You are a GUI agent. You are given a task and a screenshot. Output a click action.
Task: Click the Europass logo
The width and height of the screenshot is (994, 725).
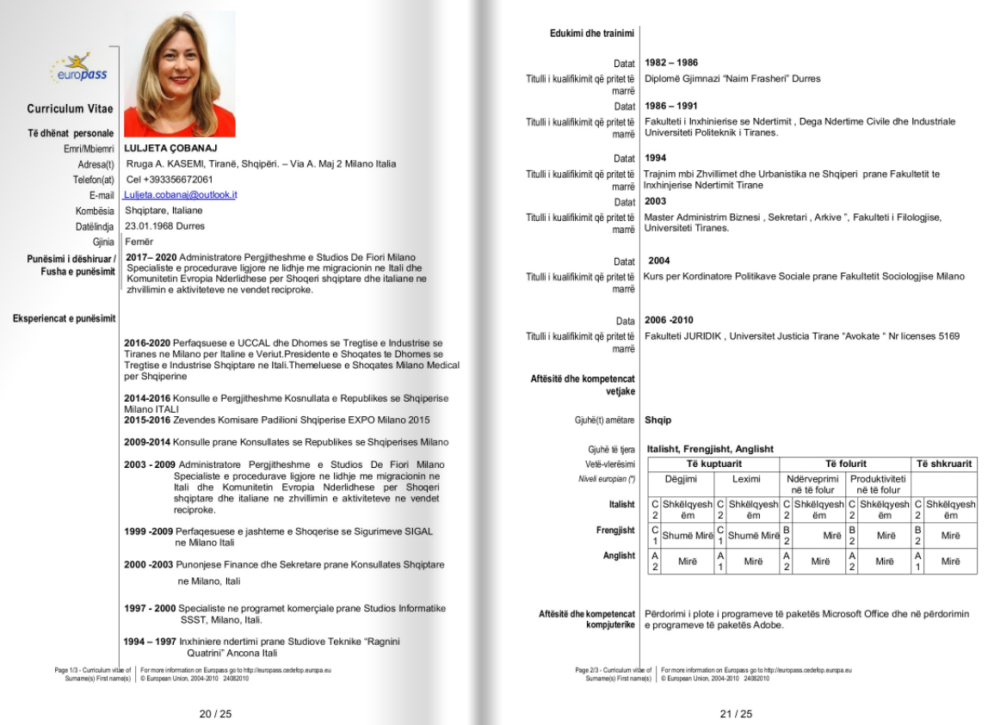[79, 68]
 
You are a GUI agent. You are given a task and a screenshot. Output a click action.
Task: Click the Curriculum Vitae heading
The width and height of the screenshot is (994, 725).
[70, 109]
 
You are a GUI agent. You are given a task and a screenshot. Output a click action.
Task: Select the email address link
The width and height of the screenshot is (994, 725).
[182, 195]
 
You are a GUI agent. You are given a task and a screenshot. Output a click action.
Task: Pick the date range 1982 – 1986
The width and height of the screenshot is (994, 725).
[671, 63]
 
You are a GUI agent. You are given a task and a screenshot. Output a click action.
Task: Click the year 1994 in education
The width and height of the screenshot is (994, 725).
[656, 158]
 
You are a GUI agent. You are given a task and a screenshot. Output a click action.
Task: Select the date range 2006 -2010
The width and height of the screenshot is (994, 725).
[669, 321]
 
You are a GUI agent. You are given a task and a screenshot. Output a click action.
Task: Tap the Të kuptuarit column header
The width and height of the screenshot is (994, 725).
[713, 464]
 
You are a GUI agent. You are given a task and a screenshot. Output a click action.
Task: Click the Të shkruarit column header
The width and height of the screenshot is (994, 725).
[944, 464]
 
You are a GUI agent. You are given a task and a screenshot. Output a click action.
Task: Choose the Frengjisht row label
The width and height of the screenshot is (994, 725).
[615, 531]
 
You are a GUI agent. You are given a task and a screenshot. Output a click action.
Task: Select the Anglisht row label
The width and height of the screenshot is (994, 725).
[619, 556]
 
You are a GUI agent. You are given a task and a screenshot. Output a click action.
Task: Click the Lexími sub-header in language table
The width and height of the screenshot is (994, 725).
[746, 479]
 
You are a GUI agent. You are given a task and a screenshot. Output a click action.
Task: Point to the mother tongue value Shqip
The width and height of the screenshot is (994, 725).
[658, 421]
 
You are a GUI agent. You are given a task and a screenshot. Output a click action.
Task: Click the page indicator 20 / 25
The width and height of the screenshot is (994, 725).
[215, 714]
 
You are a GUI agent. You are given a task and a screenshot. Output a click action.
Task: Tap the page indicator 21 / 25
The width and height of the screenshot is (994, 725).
[736, 714]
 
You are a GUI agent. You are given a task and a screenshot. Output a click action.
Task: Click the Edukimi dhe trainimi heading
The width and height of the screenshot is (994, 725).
[592, 34]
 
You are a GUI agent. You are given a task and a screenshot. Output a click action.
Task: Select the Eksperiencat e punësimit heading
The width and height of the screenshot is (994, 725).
[64, 319]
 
